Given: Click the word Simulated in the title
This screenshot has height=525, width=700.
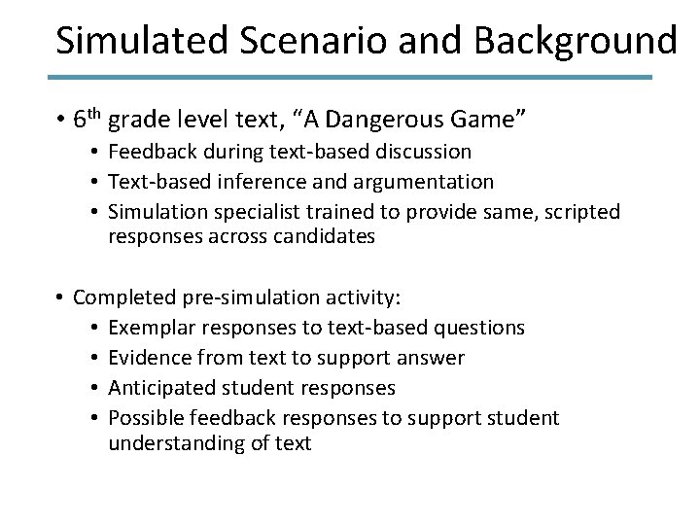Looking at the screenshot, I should pos(131,41).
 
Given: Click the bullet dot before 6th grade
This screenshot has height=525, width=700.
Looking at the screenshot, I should pos(59,122).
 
